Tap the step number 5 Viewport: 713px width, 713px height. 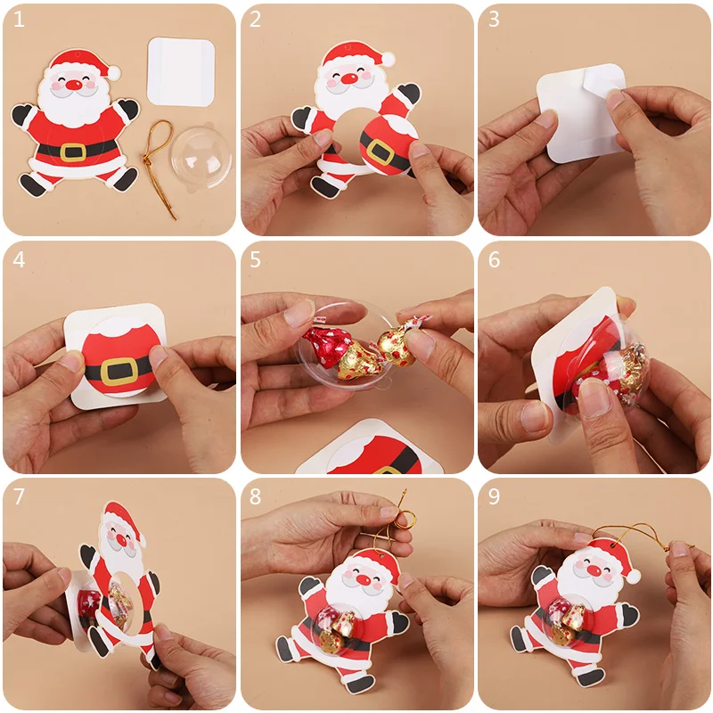tap(256, 259)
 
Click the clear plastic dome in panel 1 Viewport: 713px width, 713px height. tap(201, 156)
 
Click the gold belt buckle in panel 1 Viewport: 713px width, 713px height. tap(73, 151)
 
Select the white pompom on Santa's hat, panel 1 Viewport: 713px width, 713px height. tap(115, 70)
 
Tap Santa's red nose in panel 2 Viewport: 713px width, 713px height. tap(349, 78)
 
